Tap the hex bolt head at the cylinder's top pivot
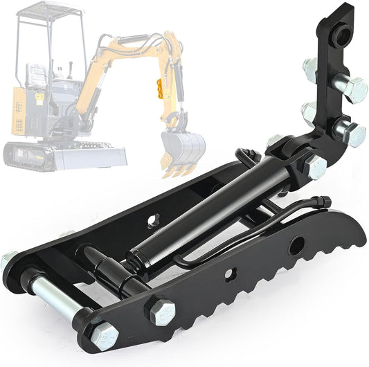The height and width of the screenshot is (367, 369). pos(315,166)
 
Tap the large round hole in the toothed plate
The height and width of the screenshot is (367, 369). pos(296,244)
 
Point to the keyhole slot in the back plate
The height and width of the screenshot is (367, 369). pos(153,224)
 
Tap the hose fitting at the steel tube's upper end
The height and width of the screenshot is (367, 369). pos(323,202)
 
